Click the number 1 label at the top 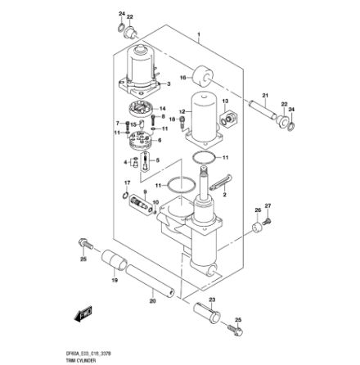click(199, 37)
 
